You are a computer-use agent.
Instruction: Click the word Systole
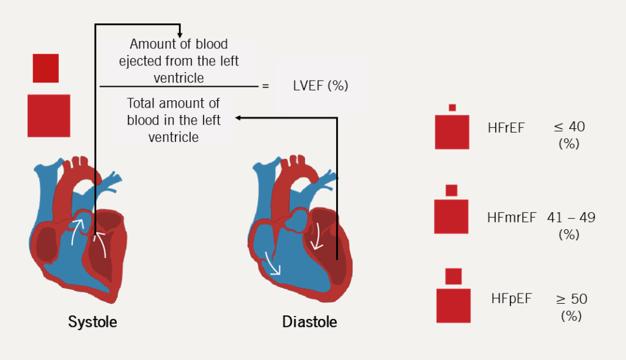92,321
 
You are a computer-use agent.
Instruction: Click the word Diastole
309,321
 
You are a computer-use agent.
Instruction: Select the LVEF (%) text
320,86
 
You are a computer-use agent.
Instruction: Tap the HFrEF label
506,128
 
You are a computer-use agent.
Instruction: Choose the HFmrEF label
512,217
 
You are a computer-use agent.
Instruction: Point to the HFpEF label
511,299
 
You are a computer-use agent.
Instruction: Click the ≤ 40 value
569,127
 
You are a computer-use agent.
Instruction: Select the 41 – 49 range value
572,217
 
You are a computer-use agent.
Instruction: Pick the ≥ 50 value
571,299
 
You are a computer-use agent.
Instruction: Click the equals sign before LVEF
265,86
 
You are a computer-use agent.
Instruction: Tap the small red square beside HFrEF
452,108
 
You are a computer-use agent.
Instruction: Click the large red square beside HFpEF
453,306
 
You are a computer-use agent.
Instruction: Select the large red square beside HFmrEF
451,216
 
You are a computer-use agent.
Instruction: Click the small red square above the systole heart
46,68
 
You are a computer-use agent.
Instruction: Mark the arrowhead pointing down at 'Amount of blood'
180,34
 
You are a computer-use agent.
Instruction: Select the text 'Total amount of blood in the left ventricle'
174,120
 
